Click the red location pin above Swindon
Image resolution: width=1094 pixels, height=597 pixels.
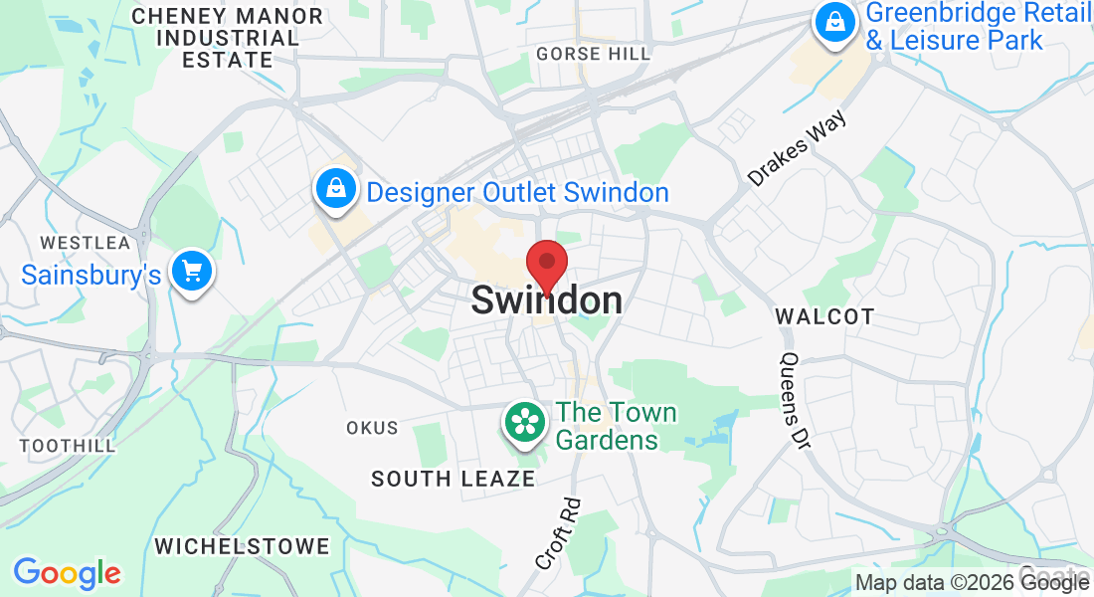click(546, 264)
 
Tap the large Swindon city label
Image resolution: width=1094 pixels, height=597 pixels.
click(547, 300)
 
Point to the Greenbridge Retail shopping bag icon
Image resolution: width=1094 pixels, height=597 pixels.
click(836, 23)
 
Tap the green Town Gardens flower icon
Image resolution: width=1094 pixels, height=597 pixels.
click(526, 423)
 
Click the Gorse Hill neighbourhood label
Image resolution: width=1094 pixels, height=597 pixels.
click(593, 54)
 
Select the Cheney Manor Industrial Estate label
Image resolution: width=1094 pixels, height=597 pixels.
click(228, 39)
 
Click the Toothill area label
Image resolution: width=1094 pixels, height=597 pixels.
click(68, 446)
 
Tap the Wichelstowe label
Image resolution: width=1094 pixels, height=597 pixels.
click(242, 546)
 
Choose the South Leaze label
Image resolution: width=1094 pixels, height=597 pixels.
click(453, 480)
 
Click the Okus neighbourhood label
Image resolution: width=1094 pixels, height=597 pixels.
click(372, 428)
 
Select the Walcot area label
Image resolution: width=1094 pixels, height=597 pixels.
click(824, 316)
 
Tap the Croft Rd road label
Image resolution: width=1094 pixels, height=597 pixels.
click(557, 534)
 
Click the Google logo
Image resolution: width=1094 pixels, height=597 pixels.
click(67, 573)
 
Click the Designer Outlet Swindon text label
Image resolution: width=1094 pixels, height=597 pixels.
click(517, 192)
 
